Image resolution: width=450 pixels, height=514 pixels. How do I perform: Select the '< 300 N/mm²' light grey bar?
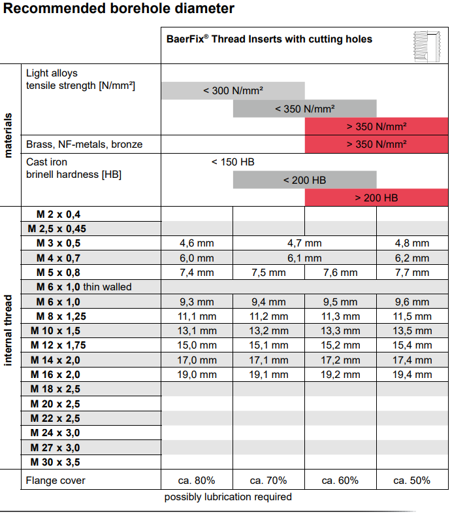click(233, 90)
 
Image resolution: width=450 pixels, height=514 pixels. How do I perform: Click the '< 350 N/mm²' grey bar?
click(305, 109)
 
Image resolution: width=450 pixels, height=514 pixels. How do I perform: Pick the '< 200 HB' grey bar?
click(304, 180)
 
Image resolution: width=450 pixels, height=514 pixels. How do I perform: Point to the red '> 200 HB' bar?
click(376, 197)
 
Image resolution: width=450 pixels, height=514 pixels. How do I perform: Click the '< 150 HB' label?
click(233, 162)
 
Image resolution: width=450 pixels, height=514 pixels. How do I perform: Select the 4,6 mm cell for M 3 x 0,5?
click(197, 243)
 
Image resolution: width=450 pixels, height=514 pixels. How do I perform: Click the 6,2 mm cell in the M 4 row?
click(411, 258)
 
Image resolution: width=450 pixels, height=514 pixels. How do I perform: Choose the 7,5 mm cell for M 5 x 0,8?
click(268, 273)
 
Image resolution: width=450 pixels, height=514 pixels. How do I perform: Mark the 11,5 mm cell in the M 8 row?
click(411, 317)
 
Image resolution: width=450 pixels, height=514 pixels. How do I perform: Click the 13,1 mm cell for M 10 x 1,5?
click(197, 331)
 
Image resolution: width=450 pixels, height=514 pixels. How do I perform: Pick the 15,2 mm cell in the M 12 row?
click(340, 345)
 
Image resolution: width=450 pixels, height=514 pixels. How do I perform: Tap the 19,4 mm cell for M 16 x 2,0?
click(411, 375)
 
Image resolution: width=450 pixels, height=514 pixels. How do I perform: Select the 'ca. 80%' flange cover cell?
click(197, 481)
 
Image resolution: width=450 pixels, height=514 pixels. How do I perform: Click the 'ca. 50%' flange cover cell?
click(411, 481)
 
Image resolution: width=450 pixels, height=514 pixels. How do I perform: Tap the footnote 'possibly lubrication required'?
click(228, 497)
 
